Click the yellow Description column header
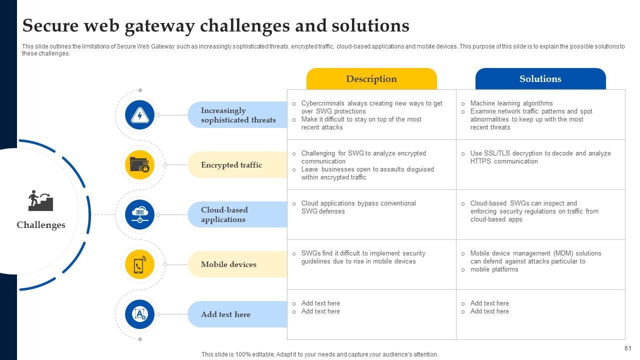coord(371,79)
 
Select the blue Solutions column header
coord(540,79)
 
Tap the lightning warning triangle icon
coord(140,115)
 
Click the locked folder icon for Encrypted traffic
coord(140,164)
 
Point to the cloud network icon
coord(140,214)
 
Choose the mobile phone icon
coord(140,264)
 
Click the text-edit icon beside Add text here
coord(140,314)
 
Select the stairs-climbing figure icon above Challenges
coord(40,200)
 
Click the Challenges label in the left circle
coord(41,225)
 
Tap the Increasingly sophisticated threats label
coord(238,115)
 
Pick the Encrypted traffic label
coord(231,165)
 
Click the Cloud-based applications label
coord(224,214)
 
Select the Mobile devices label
coord(228,264)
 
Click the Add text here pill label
coord(225,314)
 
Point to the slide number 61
coord(628,348)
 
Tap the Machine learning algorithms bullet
coord(511,103)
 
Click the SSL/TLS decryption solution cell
coord(540,157)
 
